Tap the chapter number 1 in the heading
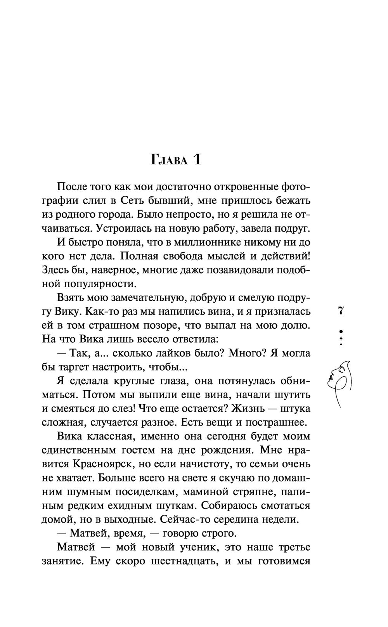coord(197,159)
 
